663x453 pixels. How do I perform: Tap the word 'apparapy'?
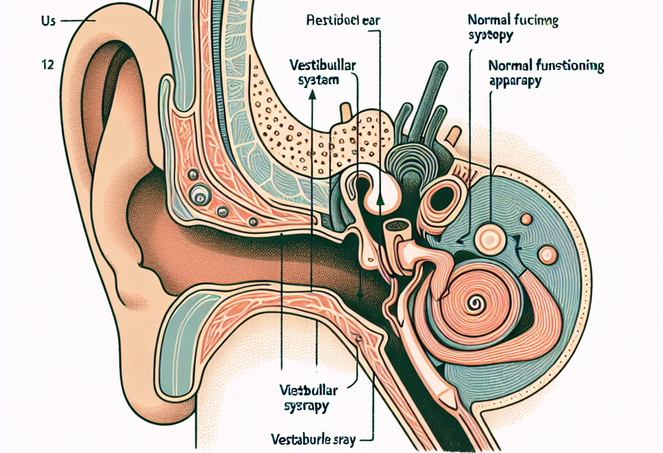point(516,82)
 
